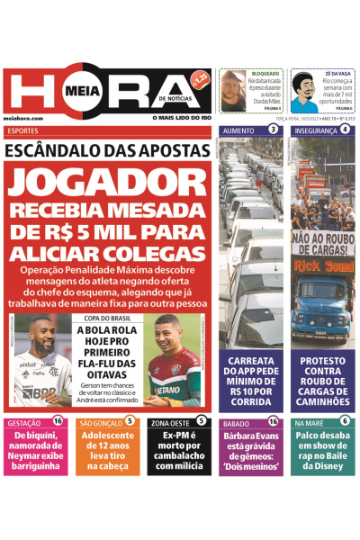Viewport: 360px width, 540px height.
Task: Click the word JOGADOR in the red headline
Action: pyautogui.click(x=108, y=185)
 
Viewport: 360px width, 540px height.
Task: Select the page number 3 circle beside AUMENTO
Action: pyautogui.click(x=273, y=130)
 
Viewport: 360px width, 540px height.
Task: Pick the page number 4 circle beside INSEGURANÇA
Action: pyautogui.click(x=345, y=130)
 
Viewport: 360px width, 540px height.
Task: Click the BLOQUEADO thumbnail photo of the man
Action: pyautogui.click(x=233, y=90)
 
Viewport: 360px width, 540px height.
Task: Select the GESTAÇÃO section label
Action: pyautogui.click(x=22, y=421)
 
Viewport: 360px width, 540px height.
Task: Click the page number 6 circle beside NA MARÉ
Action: pyautogui.click(x=345, y=421)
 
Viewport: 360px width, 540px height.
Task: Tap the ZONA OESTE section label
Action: pyautogui.click(x=170, y=421)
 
